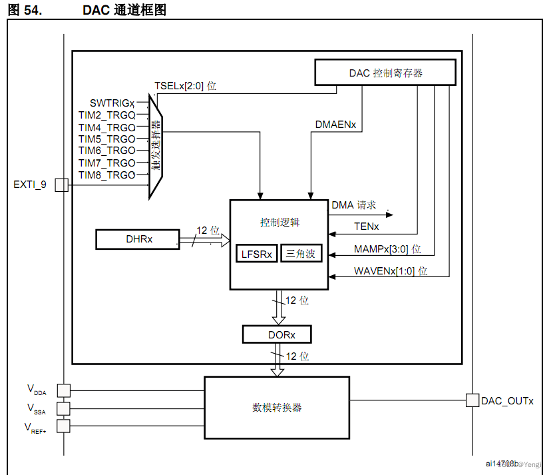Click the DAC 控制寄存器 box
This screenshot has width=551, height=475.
pyautogui.click(x=386, y=73)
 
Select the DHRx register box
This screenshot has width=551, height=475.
pyautogui.click(x=138, y=239)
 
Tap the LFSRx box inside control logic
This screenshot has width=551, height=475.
pyautogui.click(x=257, y=254)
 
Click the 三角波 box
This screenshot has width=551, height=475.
pyautogui.click(x=301, y=254)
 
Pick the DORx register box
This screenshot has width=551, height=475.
pyautogui.click(x=277, y=334)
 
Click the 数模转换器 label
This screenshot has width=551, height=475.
pyautogui.click(x=276, y=407)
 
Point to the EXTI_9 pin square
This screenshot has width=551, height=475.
pyautogui.click(x=61, y=185)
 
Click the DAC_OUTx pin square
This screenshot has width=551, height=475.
pyautogui.click(x=472, y=400)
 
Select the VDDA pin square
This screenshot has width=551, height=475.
pyautogui.click(x=63, y=390)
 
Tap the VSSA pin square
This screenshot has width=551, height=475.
pyautogui.click(x=63, y=408)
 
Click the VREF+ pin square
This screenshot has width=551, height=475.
pyautogui.click(x=63, y=426)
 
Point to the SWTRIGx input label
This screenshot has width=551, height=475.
pyautogui.click(x=112, y=103)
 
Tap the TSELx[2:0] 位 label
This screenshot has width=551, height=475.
pyautogui.click(x=185, y=86)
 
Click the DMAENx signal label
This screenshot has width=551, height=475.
pyautogui.click(x=335, y=125)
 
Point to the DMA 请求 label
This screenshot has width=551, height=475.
pyautogui.click(x=354, y=205)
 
